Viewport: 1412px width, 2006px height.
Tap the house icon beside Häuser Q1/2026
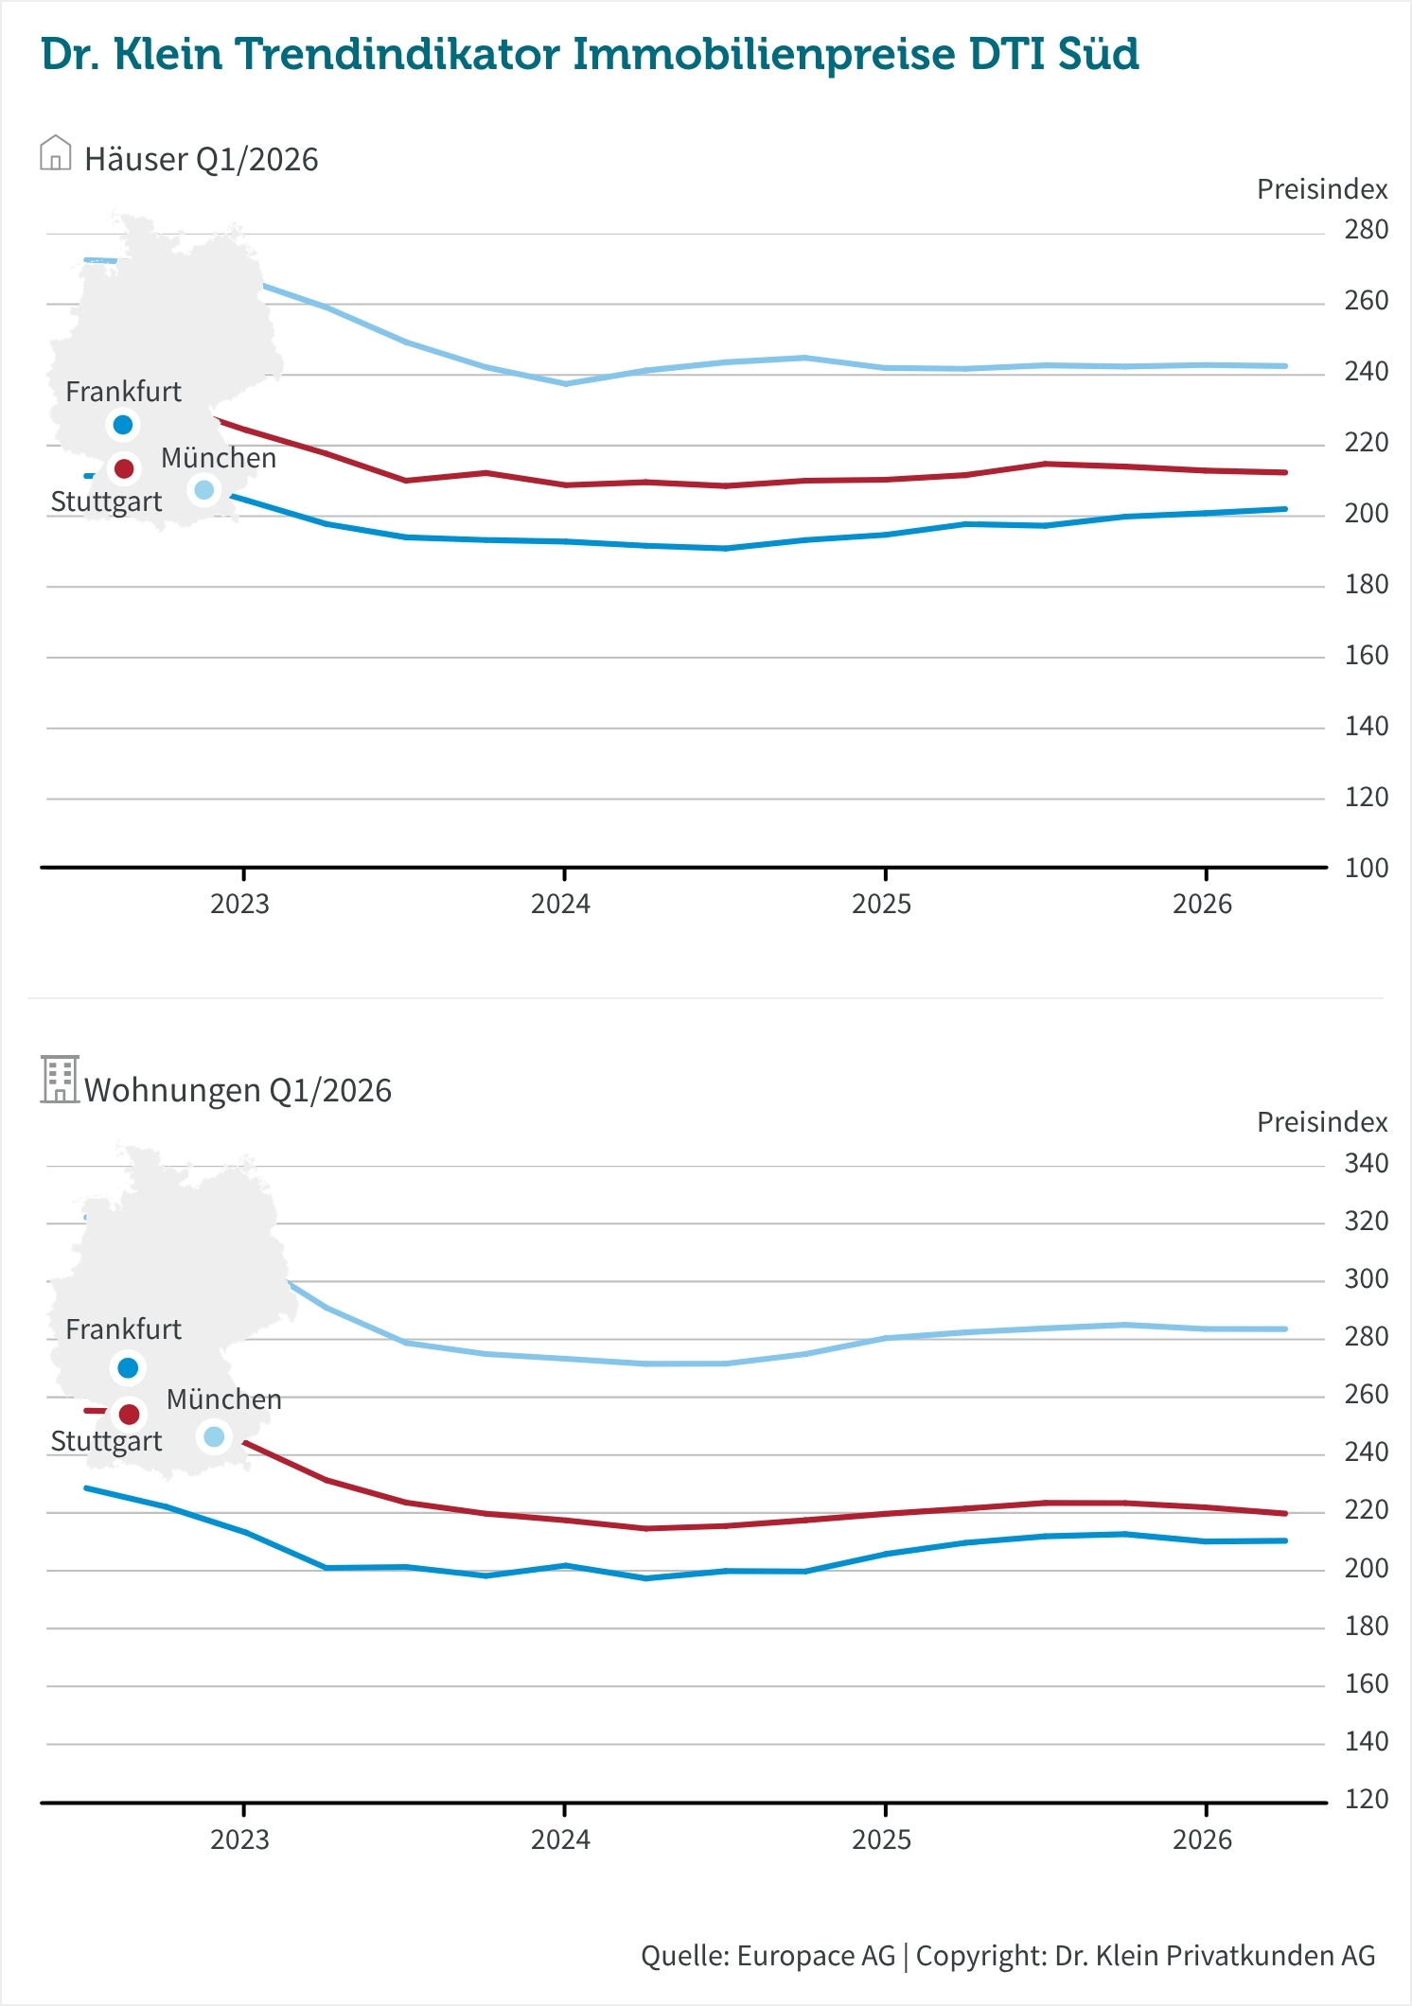56,153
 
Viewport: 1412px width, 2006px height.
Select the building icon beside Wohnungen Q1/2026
60,1080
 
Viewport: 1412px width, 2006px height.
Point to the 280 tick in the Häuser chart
1366,230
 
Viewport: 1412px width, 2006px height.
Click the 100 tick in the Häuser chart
1366,868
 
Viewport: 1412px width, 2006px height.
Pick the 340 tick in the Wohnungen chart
1366,1163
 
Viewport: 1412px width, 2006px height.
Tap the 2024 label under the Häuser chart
560,905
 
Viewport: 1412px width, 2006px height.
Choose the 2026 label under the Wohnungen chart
1202,1839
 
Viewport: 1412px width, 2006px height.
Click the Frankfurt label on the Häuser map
123,392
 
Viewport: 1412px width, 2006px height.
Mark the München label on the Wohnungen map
224,1399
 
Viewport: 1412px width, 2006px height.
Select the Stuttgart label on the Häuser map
106,501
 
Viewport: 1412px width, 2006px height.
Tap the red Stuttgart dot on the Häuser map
123,468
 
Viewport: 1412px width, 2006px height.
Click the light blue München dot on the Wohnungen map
214,1436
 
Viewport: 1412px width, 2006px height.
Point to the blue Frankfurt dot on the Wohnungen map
128,1368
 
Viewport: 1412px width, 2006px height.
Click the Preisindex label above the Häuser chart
1321,189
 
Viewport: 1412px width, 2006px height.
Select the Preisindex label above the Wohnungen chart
1321,1122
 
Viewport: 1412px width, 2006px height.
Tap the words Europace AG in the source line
816,1956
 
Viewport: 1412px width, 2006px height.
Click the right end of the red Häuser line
1284,472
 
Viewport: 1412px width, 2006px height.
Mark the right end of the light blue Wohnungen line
1284,1329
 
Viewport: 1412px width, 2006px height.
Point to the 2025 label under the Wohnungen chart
881,1839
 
